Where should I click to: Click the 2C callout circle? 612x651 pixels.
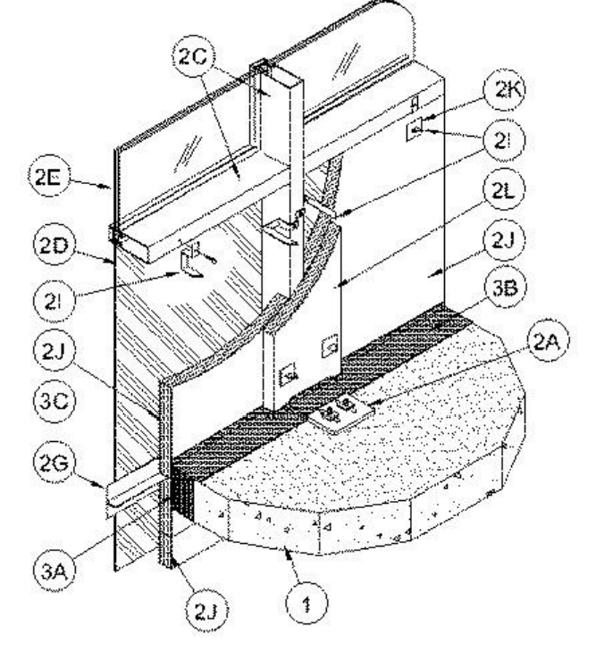click(194, 56)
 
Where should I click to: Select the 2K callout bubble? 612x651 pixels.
click(505, 90)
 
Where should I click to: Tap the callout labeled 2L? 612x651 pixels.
click(504, 189)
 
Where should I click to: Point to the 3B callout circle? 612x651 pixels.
click(505, 288)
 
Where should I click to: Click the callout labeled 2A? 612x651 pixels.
click(548, 341)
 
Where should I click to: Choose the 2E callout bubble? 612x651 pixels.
click(48, 177)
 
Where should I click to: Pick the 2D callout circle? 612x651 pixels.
click(54, 246)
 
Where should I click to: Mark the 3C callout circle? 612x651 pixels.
click(54, 402)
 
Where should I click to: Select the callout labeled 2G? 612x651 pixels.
click(54, 462)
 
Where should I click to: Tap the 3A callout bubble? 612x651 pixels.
click(54, 572)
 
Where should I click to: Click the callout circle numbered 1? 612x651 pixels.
click(307, 604)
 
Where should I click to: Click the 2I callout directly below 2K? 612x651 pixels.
click(504, 141)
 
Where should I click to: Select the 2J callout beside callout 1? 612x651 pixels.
click(206, 611)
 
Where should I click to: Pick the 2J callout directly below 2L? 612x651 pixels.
click(504, 240)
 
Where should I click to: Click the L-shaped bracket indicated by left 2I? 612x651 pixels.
click(189, 263)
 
